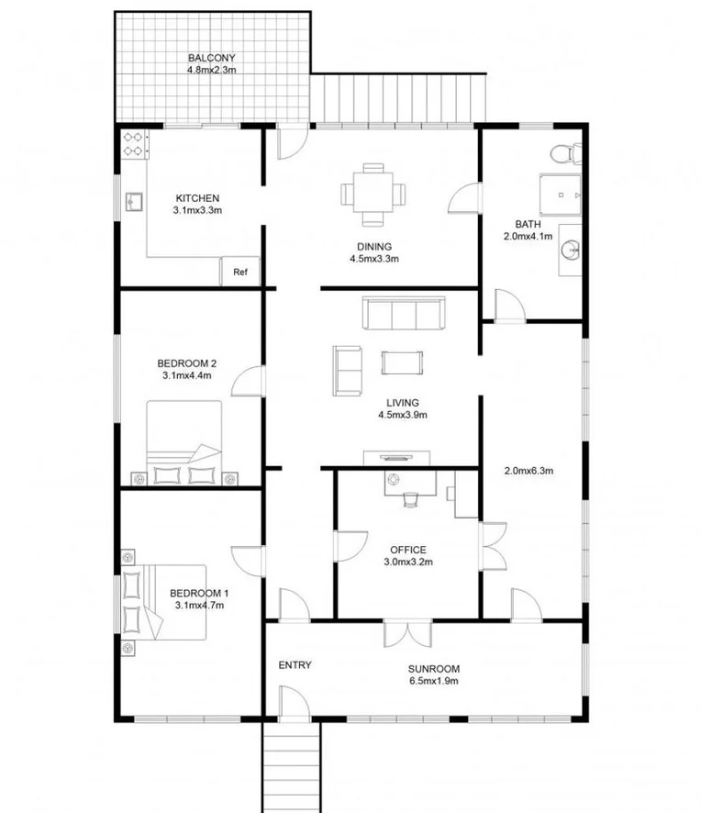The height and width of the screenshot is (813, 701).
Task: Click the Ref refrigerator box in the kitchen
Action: [x=240, y=272]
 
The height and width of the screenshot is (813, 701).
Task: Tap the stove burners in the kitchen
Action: [x=134, y=142]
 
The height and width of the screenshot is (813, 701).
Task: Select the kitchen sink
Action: [x=131, y=200]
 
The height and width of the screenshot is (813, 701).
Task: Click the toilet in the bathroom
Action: [x=561, y=153]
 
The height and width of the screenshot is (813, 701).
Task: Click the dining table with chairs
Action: [x=373, y=194]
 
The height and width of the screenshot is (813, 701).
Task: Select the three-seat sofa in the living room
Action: [x=404, y=314]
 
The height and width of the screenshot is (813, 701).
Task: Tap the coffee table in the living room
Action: [x=403, y=362]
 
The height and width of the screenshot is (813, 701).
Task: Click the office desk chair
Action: [x=410, y=498]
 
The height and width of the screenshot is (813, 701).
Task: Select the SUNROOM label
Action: [x=434, y=669]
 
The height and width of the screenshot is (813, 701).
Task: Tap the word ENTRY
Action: [x=295, y=665]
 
